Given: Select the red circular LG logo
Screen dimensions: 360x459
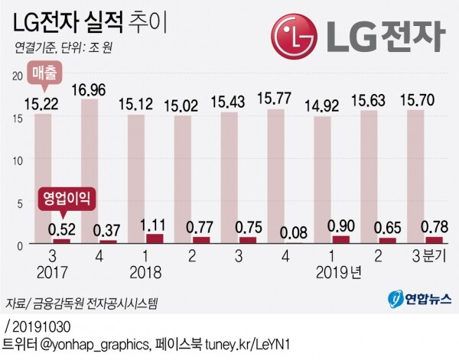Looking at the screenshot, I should pos(294,33).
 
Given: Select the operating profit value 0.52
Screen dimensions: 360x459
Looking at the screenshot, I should pos(61,228).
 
